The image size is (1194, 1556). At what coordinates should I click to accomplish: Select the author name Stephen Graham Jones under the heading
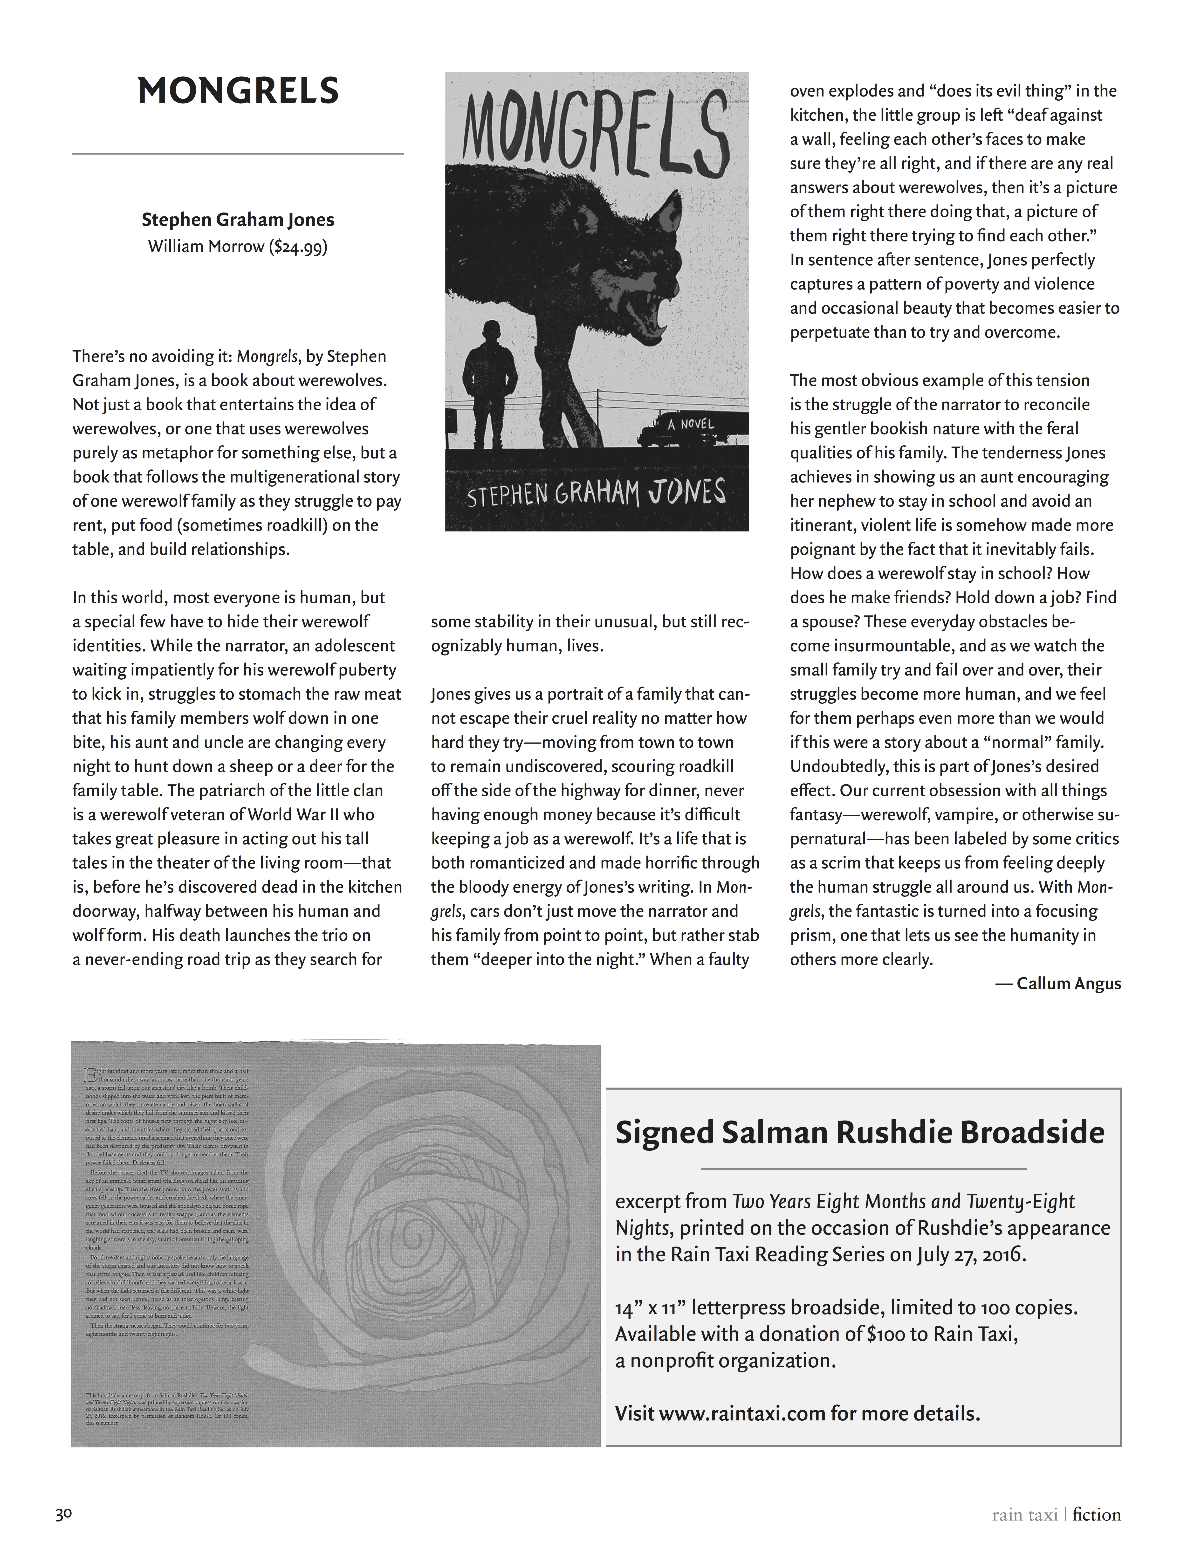[238, 220]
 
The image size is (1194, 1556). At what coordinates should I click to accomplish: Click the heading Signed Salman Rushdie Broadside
[860, 1132]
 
